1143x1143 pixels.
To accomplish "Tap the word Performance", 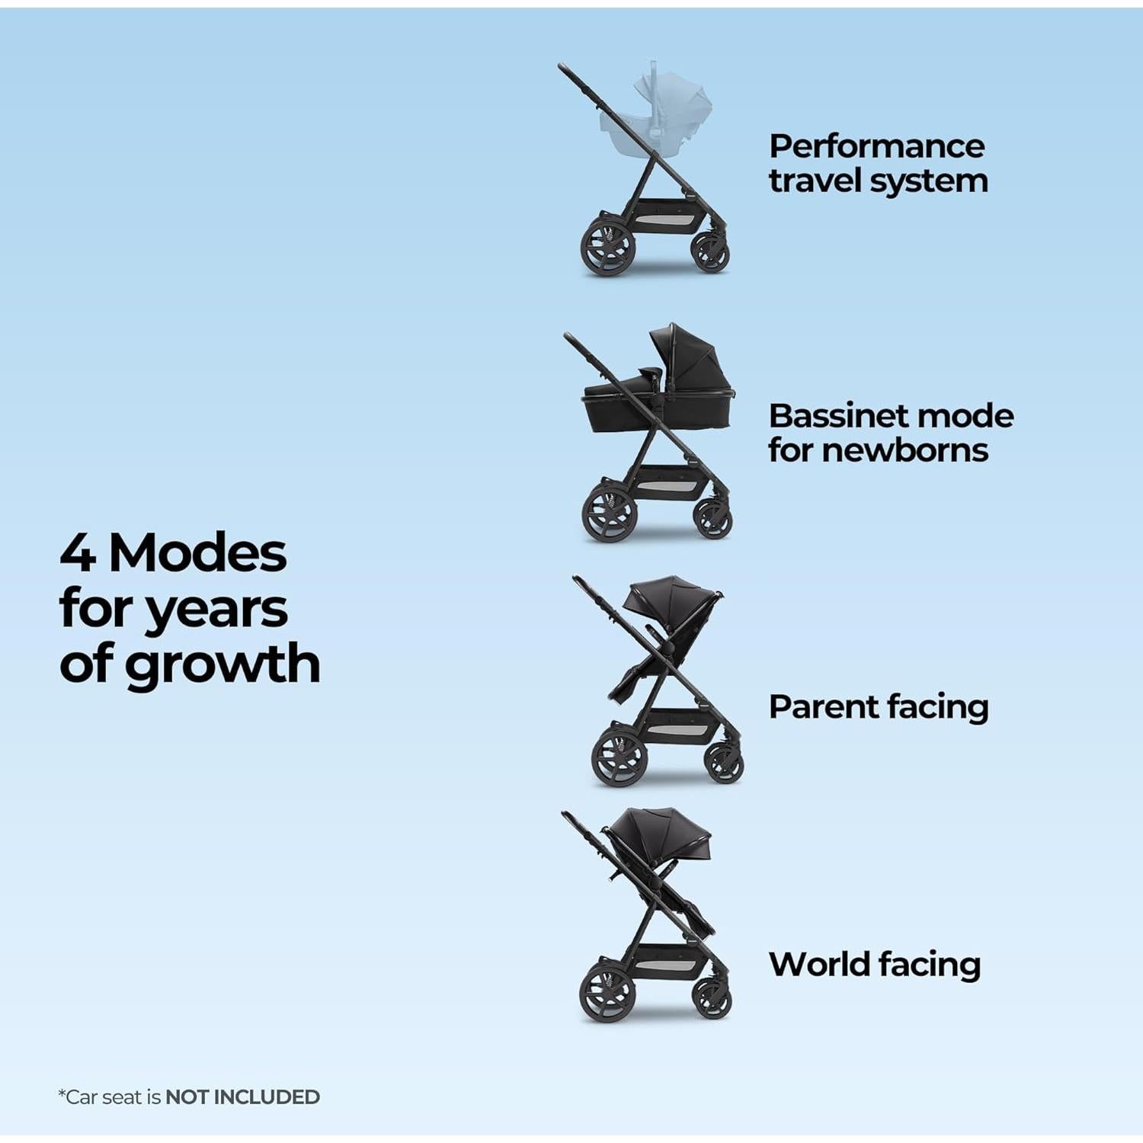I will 876,146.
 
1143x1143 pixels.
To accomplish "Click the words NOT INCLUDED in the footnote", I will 242,1097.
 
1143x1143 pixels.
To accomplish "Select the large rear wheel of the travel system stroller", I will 607,248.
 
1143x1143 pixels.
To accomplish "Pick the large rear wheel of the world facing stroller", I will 607,992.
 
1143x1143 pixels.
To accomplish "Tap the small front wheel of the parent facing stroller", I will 724,763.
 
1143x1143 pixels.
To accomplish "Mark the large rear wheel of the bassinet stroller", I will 609,514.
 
